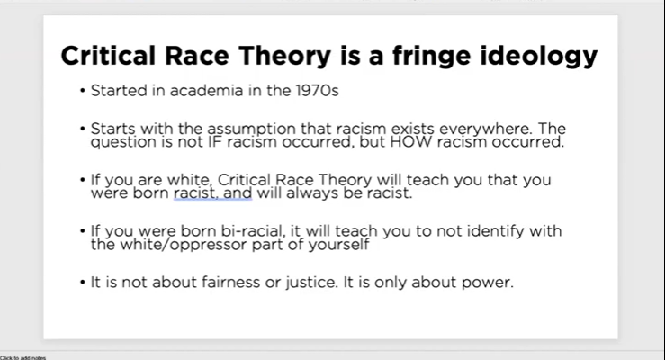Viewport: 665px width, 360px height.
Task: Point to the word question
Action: pos(123,142)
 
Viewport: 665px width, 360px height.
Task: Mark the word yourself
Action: pos(337,244)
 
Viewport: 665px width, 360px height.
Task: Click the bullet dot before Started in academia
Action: pos(82,91)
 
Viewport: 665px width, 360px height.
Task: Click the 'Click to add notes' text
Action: pos(23,356)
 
